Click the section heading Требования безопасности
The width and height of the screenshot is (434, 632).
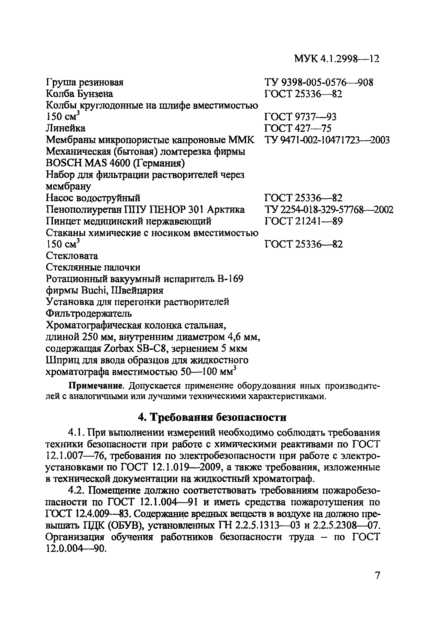point(218,417)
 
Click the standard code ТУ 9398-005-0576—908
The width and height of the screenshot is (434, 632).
point(319,82)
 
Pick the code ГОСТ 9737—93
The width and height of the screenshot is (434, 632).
point(300,117)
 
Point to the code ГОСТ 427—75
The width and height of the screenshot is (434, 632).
point(298,128)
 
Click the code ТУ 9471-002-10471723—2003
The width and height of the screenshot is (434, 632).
point(327,140)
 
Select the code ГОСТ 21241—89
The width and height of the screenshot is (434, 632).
point(303,221)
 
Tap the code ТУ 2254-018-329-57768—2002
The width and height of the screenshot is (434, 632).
point(329,210)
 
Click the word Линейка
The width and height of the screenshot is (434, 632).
point(65,128)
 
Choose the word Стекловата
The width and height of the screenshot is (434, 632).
point(72,256)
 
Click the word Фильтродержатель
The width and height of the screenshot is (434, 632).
point(89,314)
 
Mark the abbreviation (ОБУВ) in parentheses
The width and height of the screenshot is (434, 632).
point(126,526)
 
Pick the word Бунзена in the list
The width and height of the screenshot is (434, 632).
point(95,94)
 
